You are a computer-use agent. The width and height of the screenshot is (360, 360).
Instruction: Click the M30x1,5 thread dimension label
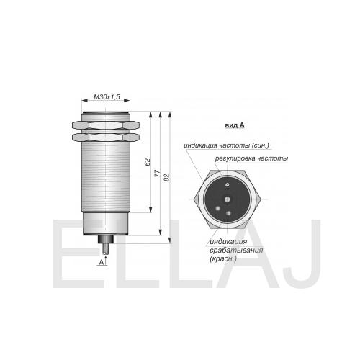(107, 97)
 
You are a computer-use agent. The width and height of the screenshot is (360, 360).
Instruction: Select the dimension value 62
(148, 162)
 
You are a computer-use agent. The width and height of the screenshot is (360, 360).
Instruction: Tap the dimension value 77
(157, 173)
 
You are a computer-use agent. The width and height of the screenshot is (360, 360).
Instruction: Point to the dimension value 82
(167, 177)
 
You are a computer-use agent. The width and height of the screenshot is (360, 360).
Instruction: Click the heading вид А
(235, 125)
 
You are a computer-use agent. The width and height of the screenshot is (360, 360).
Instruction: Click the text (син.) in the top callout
(261, 145)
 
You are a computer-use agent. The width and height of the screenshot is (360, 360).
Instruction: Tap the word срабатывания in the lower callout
(236, 251)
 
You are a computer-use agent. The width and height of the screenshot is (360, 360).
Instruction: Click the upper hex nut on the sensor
(106, 125)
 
